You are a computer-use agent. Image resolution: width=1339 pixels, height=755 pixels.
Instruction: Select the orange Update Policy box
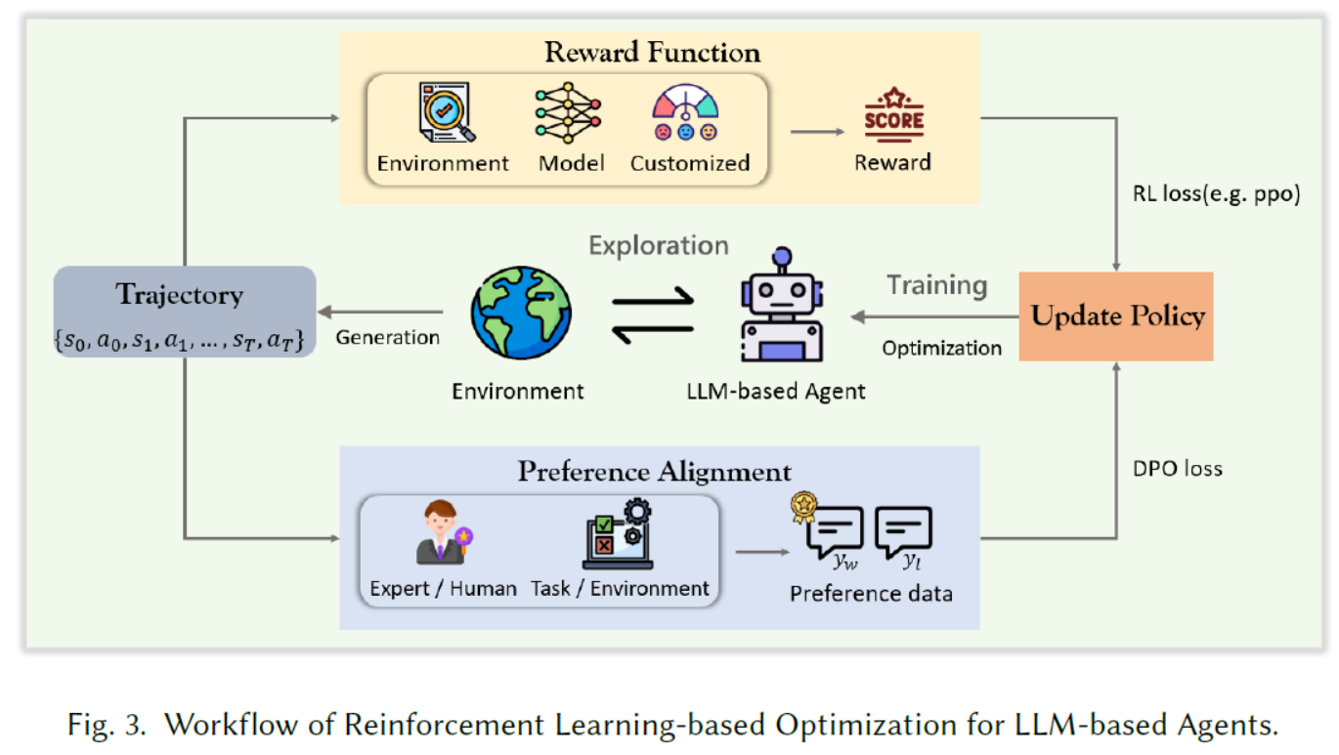click(1116, 316)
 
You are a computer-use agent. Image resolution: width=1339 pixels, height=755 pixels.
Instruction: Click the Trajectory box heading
click(179, 294)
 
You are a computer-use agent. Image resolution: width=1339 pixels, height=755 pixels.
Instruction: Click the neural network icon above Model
click(570, 113)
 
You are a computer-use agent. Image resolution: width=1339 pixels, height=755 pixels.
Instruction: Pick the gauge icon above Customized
click(685, 113)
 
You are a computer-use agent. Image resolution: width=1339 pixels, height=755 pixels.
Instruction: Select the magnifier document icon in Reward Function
click(445, 112)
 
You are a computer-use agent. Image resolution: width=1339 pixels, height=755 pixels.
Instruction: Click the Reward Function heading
click(653, 52)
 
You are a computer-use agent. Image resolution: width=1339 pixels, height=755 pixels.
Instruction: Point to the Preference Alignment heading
click(654, 471)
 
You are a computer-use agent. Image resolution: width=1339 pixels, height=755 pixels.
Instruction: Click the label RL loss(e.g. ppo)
click(1217, 193)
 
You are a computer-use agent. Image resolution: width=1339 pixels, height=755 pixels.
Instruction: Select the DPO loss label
click(1178, 469)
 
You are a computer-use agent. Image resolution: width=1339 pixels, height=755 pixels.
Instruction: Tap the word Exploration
click(658, 245)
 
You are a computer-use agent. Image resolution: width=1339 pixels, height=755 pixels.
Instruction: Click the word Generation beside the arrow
click(388, 337)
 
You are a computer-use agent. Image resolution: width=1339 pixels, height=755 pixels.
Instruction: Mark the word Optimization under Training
click(941, 348)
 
